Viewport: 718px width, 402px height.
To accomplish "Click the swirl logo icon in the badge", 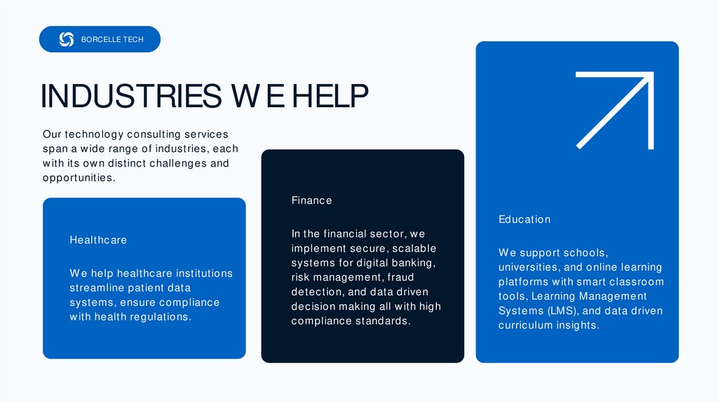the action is pyautogui.click(x=67, y=39).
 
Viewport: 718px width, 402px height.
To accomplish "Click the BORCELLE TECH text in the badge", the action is pyautogui.click(x=112, y=40).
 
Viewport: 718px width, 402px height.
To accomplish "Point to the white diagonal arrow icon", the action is pyautogui.click(x=614, y=111).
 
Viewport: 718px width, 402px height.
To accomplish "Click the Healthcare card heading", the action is pyautogui.click(x=98, y=240).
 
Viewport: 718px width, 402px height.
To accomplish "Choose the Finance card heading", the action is pyautogui.click(x=312, y=201).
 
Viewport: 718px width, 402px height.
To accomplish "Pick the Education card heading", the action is pyautogui.click(x=524, y=220).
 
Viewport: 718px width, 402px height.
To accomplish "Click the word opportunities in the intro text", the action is pyautogui.click(x=77, y=178).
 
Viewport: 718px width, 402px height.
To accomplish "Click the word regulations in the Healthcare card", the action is pyautogui.click(x=161, y=317).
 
